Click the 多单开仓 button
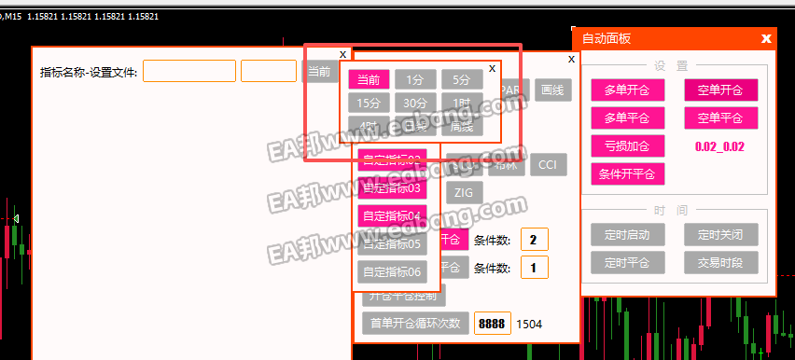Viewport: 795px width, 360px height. tap(627, 90)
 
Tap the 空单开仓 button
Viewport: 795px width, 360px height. tap(720, 90)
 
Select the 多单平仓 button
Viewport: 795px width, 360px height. tap(627, 118)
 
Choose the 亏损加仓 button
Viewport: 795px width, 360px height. tap(627, 146)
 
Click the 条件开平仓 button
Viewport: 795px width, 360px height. tap(627, 173)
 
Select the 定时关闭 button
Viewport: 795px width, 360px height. tap(720, 233)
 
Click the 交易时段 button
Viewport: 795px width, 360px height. tap(720, 262)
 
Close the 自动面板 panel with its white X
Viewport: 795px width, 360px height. tap(766, 38)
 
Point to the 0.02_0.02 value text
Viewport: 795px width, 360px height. tap(720, 147)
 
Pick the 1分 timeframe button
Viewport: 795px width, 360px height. tap(415, 80)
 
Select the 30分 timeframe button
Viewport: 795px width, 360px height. tap(415, 104)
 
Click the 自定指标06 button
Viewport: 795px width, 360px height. tap(392, 272)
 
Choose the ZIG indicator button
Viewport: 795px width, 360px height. tap(463, 193)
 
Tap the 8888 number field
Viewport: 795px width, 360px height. tap(492, 324)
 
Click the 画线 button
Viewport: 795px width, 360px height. tap(553, 90)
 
